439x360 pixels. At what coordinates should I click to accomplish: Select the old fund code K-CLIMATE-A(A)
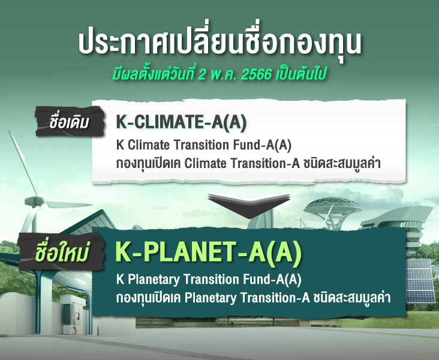pos(182,123)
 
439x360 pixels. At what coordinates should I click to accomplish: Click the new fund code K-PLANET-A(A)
pos(208,252)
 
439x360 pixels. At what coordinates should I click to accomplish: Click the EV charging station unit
pos(71,314)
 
